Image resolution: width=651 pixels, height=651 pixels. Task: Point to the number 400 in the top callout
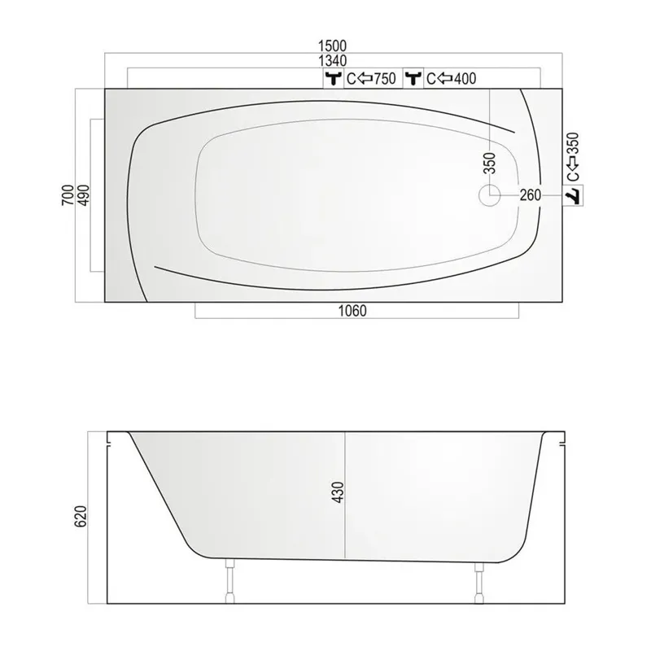[465, 79]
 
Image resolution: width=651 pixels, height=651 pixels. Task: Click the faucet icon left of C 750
[333, 79]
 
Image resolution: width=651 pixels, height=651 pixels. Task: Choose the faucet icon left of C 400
[413, 79]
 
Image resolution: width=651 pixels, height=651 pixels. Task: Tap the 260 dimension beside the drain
[530, 195]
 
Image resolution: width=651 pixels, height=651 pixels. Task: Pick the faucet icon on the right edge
[574, 195]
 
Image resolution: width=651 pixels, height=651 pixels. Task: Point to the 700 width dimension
[67, 194]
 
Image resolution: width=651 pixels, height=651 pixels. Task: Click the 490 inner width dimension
[82, 196]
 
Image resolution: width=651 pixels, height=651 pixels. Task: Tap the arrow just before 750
[364, 79]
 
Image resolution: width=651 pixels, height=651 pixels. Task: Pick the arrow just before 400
[445, 79]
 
